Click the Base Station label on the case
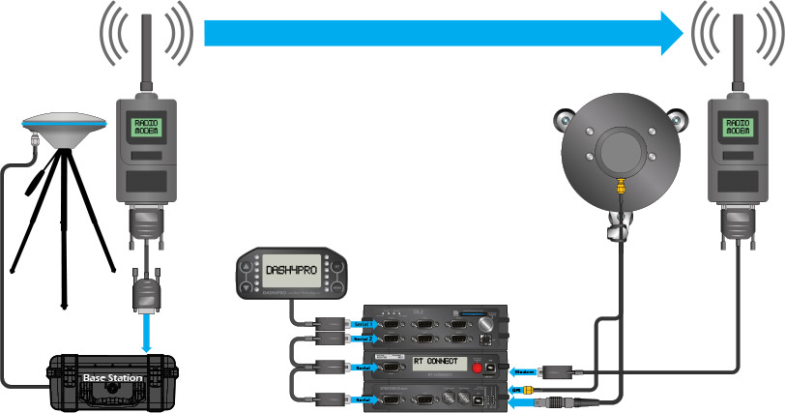(112, 377)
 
